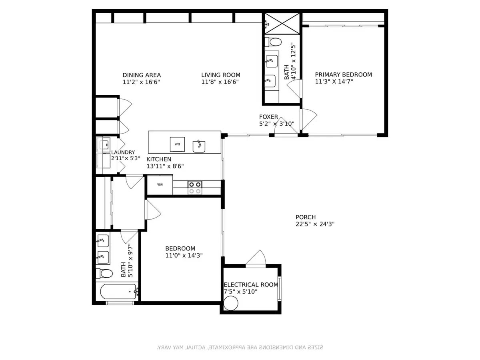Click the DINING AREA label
click(x=142, y=75)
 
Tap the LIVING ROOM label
click(x=220, y=75)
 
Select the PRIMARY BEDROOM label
click(x=343, y=74)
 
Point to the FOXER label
click(x=268, y=117)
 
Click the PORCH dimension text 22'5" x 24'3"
click(x=313, y=224)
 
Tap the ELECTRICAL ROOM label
click(x=251, y=285)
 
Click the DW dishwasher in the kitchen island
click(x=178, y=144)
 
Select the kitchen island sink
click(x=199, y=146)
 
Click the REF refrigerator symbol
click(x=160, y=184)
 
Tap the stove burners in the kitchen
click(x=195, y=187)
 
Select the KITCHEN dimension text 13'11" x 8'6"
click(x=165, y=166)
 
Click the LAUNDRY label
click(x=123, y=152)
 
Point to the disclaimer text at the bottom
click(x=240, y=348)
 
